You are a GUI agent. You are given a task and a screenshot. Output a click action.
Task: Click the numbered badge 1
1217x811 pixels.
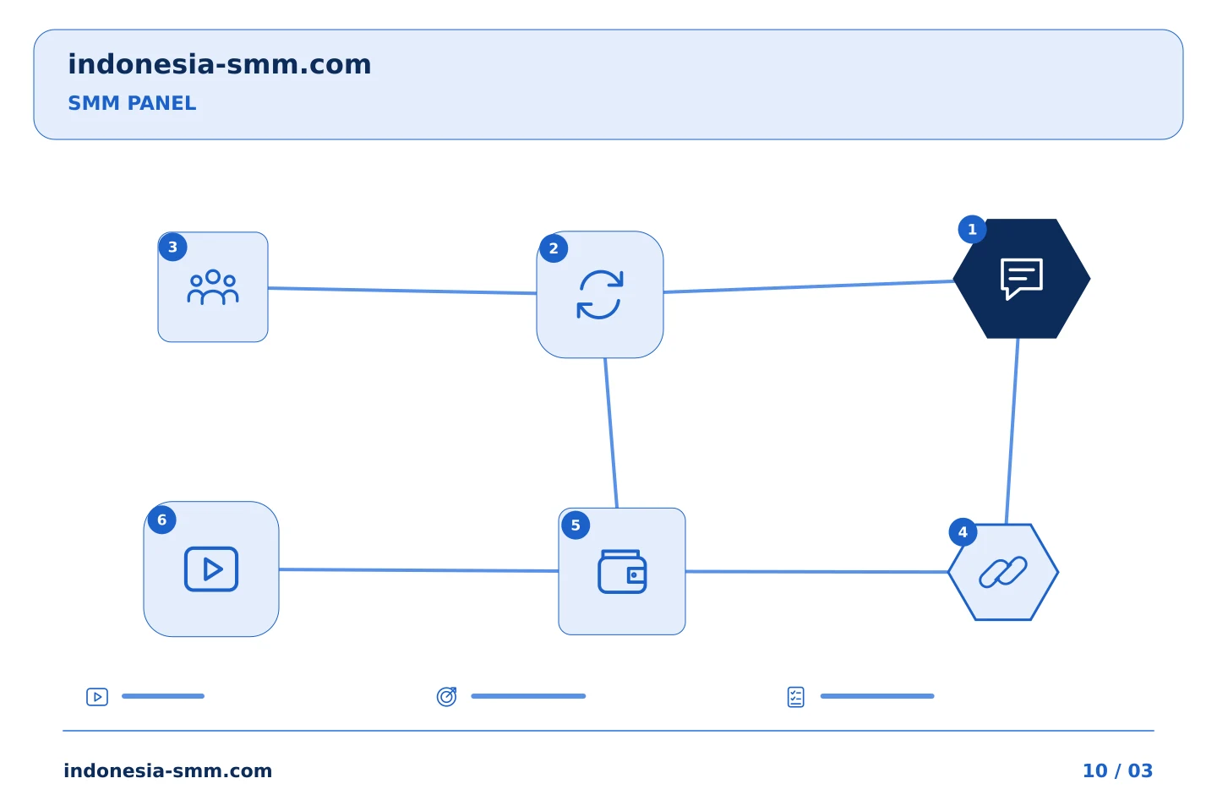tap(972, 229)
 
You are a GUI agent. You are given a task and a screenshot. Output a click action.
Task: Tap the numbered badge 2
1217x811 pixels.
tap(554, 248)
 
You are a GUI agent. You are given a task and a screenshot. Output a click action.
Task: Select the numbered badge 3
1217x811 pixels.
tap(172, 248)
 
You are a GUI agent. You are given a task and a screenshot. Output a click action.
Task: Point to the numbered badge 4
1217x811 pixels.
tap(963, 531)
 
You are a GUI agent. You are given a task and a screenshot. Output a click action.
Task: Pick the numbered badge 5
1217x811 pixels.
tap(576, 525)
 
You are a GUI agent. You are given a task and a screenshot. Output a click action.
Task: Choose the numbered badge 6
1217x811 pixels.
tap(162, 520)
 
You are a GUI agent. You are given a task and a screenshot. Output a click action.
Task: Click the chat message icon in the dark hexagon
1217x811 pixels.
tap(1022, 279)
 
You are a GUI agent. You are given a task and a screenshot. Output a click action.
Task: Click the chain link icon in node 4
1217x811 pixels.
tap(1003, 571)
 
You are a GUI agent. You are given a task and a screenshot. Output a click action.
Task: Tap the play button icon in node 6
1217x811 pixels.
tap(211, 569)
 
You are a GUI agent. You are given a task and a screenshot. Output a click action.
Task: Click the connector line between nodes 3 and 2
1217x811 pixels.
tap(402, 291)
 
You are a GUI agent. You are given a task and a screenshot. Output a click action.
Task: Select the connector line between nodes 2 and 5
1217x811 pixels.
tap(611, 433)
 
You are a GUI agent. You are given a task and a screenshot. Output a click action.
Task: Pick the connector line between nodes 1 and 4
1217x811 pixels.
tap(1012, 432)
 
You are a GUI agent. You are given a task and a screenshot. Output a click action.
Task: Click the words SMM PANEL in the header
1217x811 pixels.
tap(132, 103)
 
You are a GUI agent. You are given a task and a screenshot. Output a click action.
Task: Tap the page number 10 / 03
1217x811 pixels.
tap(1117, 770)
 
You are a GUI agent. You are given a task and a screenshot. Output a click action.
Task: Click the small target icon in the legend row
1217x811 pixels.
tap(446, 697)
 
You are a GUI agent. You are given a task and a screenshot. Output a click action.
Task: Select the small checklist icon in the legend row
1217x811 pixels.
tap(795, 697)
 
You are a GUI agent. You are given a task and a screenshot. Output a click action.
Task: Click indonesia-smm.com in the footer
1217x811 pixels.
tap(168, 770)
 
